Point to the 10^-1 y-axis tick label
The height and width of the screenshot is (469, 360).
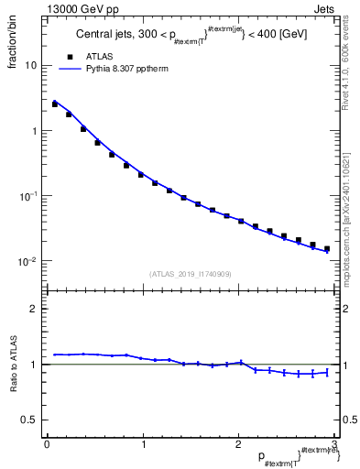(x=29, y=196)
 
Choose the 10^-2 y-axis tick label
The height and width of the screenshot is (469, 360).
(x=29, y=262)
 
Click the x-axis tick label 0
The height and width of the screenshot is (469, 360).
(x=47, y=445)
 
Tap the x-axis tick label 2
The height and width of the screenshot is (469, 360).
(x=238, y=445)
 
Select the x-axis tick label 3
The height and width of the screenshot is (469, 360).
(x=334, y=445)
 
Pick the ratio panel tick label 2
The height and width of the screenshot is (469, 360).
(x=34, y=309)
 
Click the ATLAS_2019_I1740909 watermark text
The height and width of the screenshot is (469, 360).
(x=190, y=274)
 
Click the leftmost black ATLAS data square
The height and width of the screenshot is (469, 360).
(x=55, y=104)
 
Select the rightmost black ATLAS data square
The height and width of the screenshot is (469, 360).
(x=326, y=248)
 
